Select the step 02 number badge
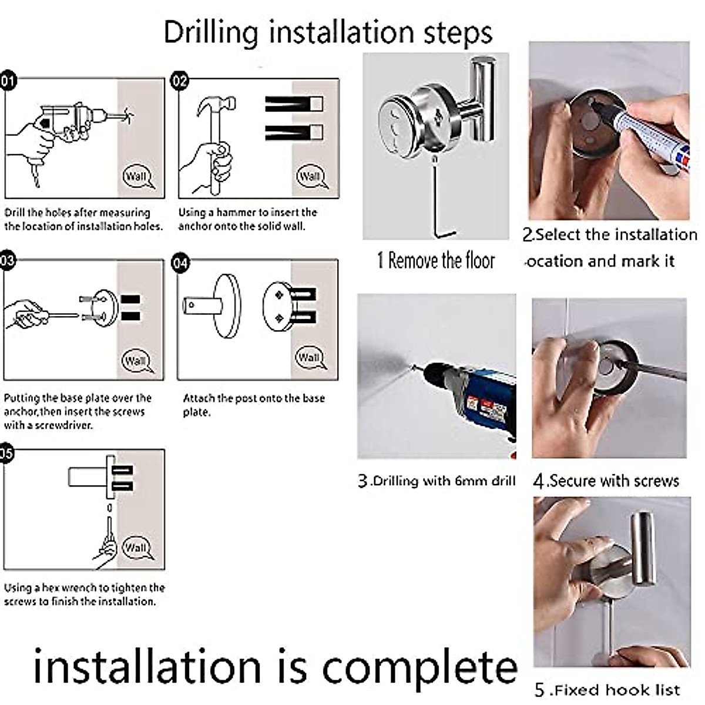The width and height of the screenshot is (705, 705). point(180,81)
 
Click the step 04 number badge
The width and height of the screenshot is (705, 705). point(181,263)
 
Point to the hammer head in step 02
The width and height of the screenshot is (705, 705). point(216,105)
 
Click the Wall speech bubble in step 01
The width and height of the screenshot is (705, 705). point(137,177)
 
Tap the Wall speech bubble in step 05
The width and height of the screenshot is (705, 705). point(137,548)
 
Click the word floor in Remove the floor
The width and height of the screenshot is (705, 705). point(479,261)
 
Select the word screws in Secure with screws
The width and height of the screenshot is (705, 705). point(656,481)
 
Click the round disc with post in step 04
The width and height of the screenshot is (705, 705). point(212,306)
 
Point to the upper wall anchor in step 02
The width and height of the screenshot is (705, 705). point(294,104)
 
